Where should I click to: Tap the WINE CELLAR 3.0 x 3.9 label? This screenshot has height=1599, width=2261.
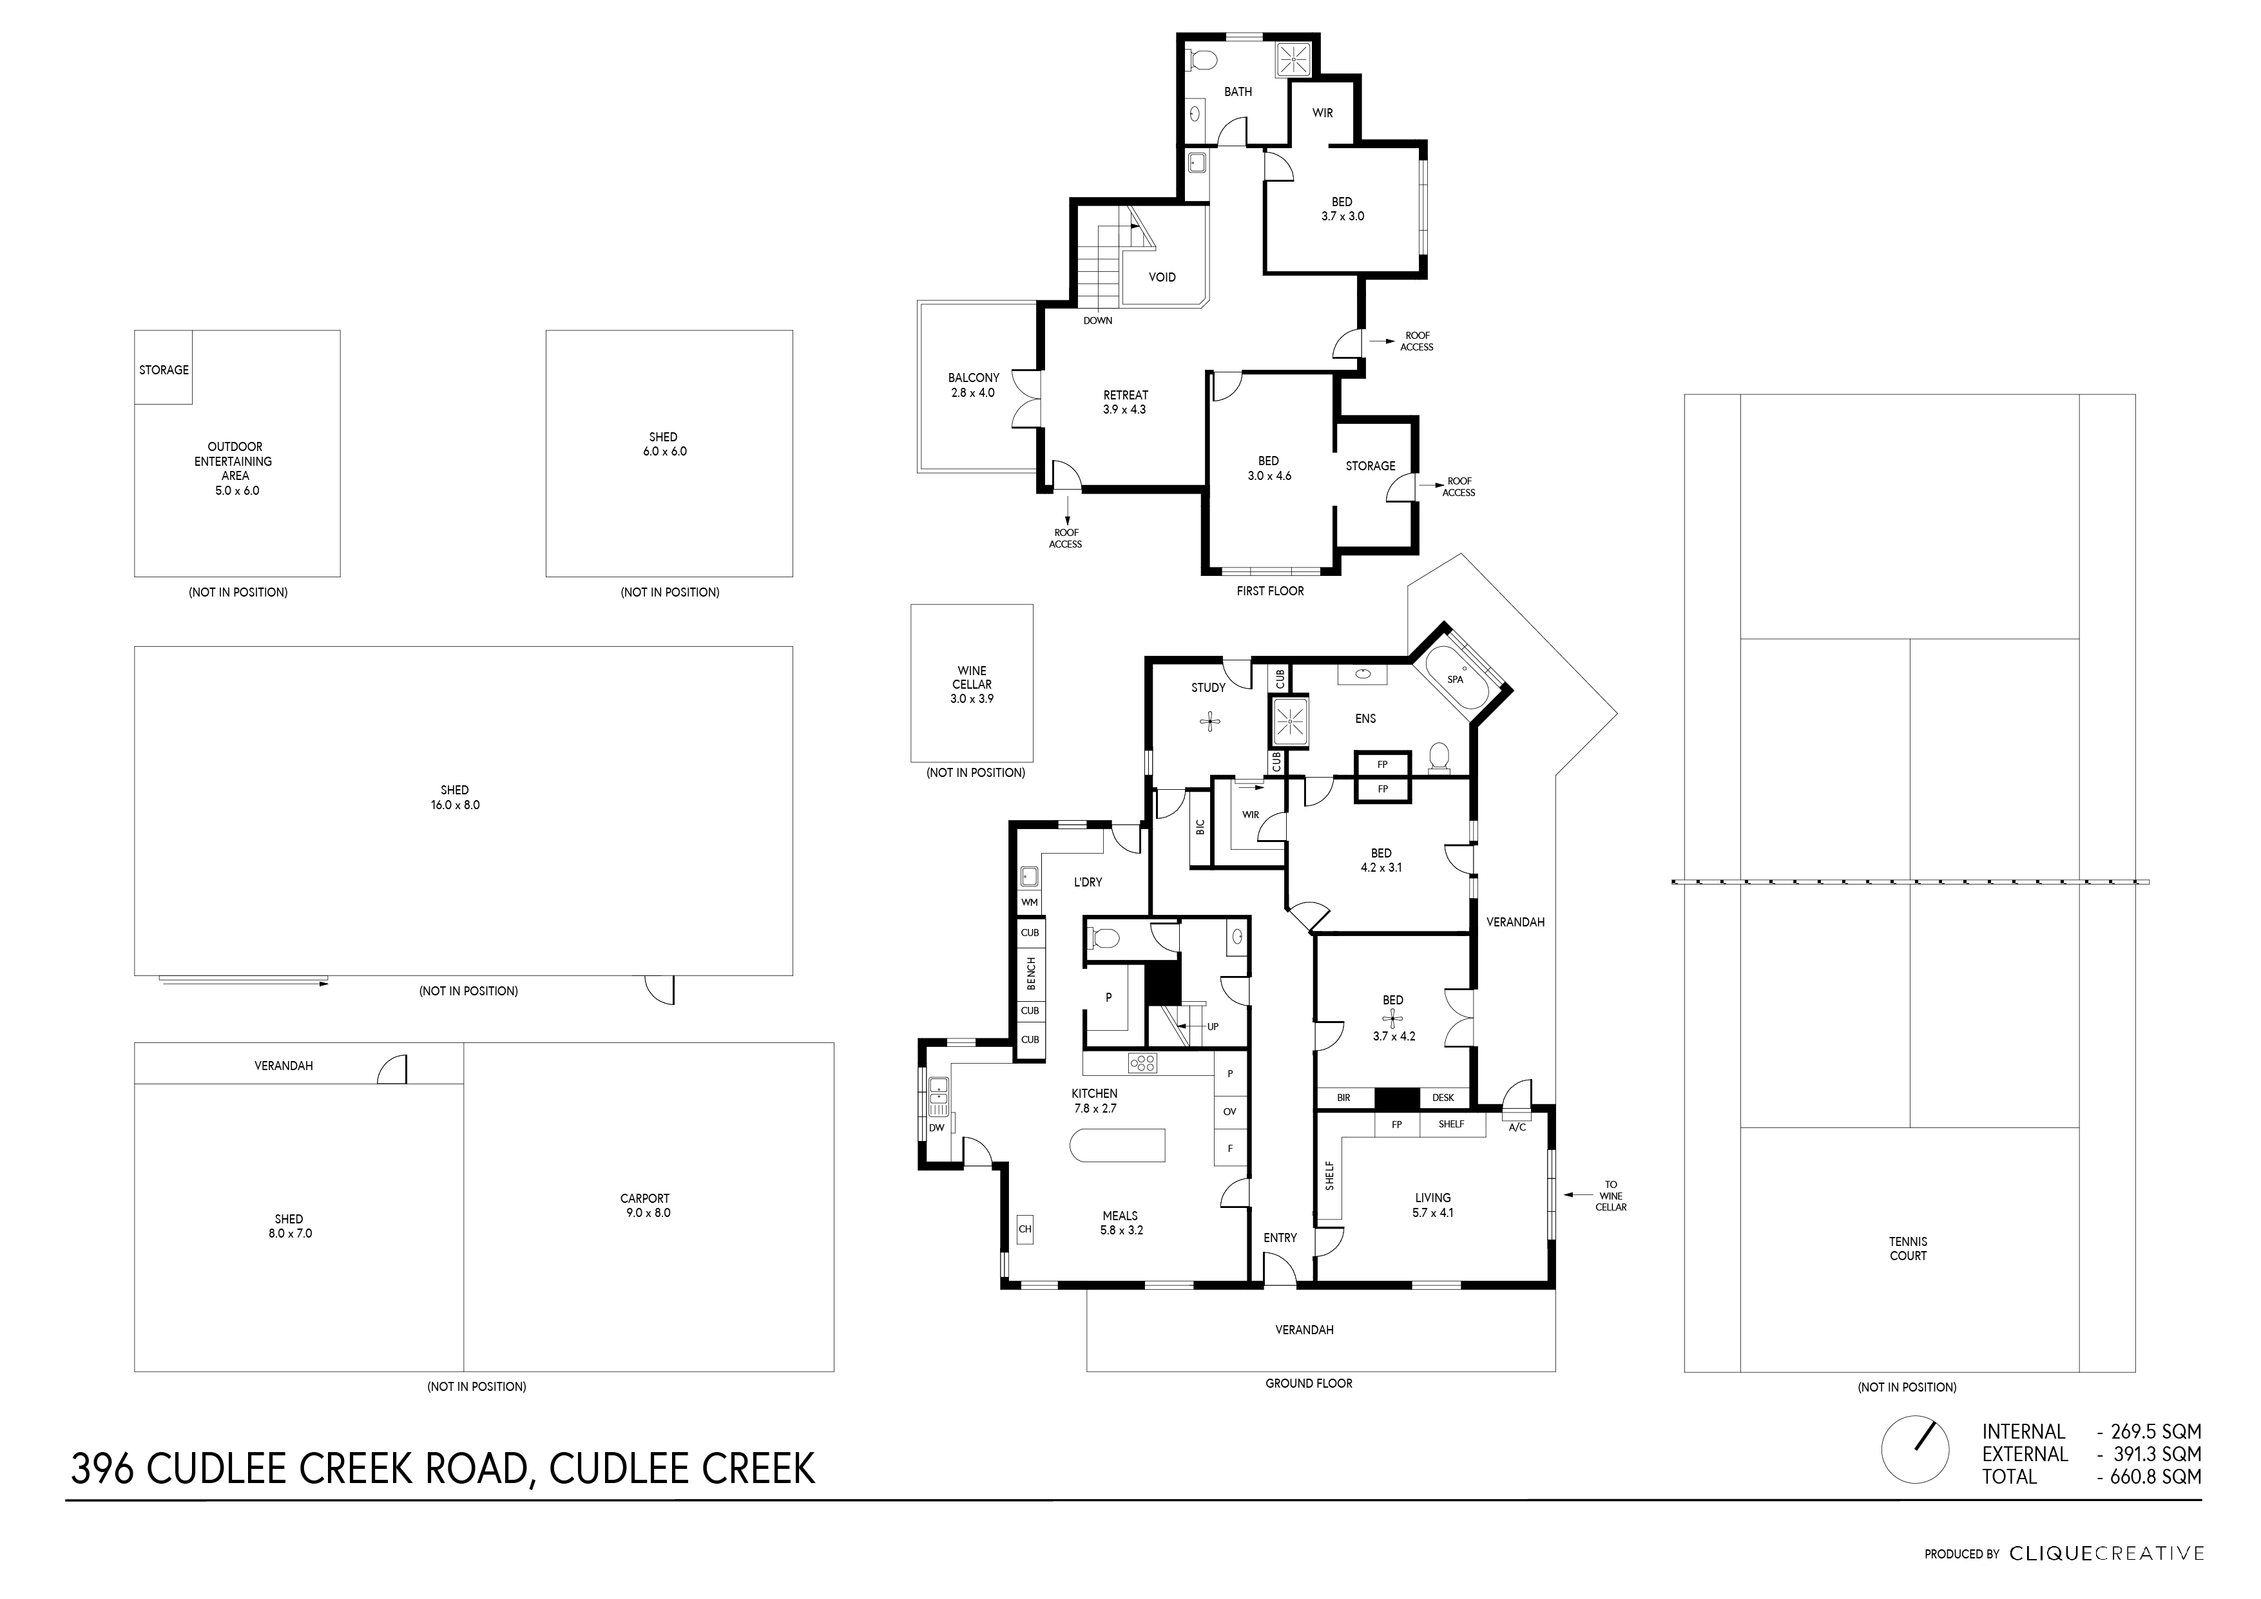(x=971, y=684)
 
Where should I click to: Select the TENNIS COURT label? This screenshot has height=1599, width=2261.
(x=1907, y=1249)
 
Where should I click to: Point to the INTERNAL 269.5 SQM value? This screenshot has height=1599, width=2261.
(x=2149, y=1431)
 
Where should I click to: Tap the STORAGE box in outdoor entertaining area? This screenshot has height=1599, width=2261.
(x=164, y=370)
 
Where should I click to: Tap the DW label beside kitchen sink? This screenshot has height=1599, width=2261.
(x=936, y=1127)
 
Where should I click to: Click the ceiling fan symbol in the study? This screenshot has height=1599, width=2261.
(x=1210, y=722)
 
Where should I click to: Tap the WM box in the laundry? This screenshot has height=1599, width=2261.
(x=1029, y=902)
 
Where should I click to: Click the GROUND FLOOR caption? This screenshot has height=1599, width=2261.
(x=1308, y=1383)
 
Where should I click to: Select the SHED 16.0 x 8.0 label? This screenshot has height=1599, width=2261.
(x=454, y=798)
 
